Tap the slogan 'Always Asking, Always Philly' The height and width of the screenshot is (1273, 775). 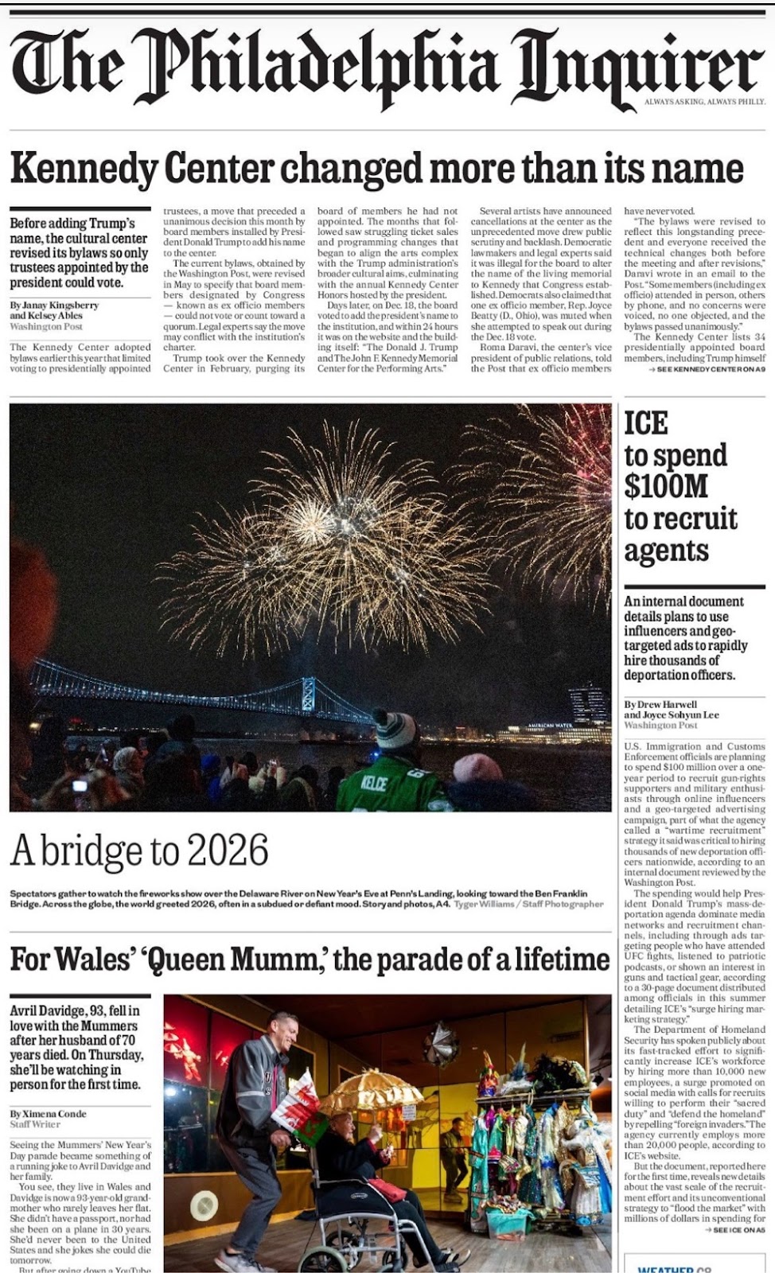click(x=704, y=103)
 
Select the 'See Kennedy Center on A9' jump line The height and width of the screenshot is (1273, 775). click(x=707, y=370)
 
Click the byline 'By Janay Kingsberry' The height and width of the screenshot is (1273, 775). click(x=54, y=305)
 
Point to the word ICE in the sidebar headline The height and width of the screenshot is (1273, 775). click(x=645, y=423)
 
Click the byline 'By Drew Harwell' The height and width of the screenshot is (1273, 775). click(x=660, y=704)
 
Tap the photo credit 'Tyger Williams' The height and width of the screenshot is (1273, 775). click(x=485, y=904)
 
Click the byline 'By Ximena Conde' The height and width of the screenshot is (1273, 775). click(x=48, y=1113)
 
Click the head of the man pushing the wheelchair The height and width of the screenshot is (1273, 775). click(x=282, y=1031)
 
